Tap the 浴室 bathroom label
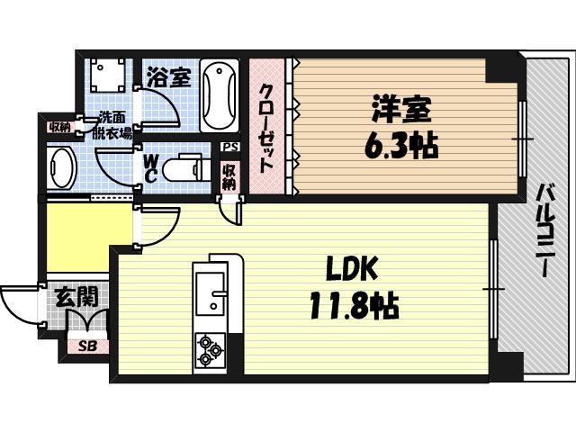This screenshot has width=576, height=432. [168, 76]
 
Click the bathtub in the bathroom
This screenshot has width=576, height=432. [219, 96]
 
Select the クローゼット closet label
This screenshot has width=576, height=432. [267, 128]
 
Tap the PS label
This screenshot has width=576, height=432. [229, 147]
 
